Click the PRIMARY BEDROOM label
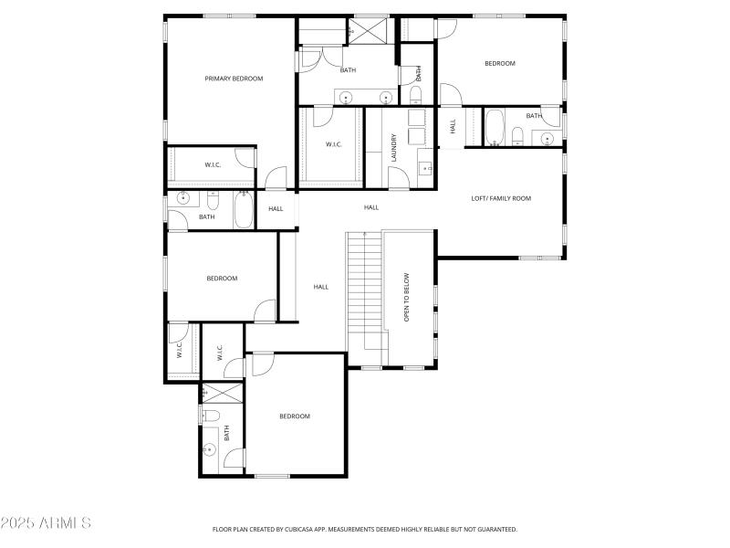point(234,79)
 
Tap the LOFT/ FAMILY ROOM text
point(500,198)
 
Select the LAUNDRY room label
point(394,149)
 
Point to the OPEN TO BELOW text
point(407,298)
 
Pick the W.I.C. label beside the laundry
point(333,144)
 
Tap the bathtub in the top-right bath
point(494,128)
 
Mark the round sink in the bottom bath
point(210,449)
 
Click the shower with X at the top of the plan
point(370,30)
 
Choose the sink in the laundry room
point(424,168)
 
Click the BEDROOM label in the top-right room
point(499,64)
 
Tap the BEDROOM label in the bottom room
point(294,416)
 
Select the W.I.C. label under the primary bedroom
point(213,165)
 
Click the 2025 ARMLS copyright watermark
point(46,523)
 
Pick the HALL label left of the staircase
point(320,287)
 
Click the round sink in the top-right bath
point(547,139)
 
